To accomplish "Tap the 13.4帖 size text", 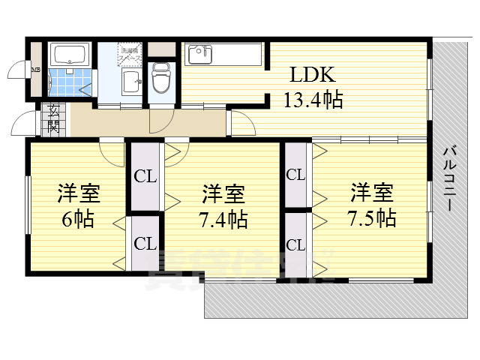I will click(313, 99).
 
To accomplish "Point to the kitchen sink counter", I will click(224, 55).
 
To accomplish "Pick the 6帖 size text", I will click(77, 220).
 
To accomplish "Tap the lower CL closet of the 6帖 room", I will click(145, 243).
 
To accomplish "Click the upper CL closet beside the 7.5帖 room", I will click(295, 175).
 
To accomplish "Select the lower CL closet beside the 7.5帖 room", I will click(295, 244).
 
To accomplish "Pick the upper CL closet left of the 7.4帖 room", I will click(145, 177).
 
